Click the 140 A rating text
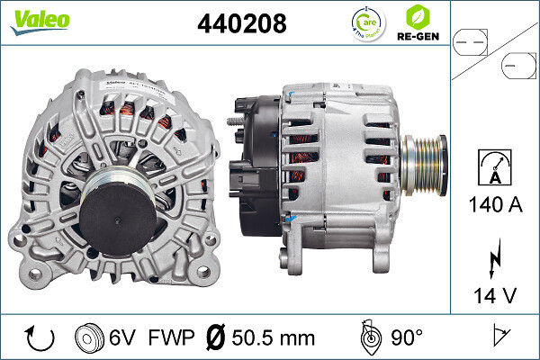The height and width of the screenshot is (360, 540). (x=495, y=205)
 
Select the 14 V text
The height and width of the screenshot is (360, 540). (x=495, y=294)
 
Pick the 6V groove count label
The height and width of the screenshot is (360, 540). (x=122, y=337)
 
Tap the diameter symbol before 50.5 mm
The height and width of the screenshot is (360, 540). (x=216, y=337)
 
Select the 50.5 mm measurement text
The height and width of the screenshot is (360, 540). (x=273, y=337)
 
